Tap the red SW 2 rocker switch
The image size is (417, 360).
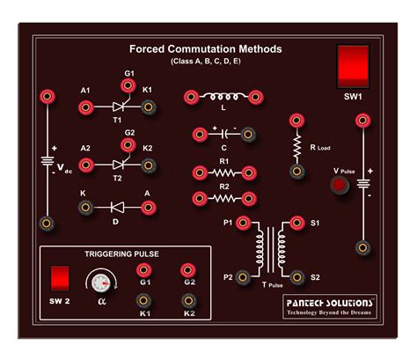pos(60,278)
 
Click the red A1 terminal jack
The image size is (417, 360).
pos(86,107)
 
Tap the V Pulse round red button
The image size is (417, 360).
pos(337,185)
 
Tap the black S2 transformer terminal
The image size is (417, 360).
pos(296,277)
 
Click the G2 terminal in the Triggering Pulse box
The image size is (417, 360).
pos(187,271)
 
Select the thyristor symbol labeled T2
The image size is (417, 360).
pos(117,164)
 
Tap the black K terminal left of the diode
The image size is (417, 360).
pos(86,207)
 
